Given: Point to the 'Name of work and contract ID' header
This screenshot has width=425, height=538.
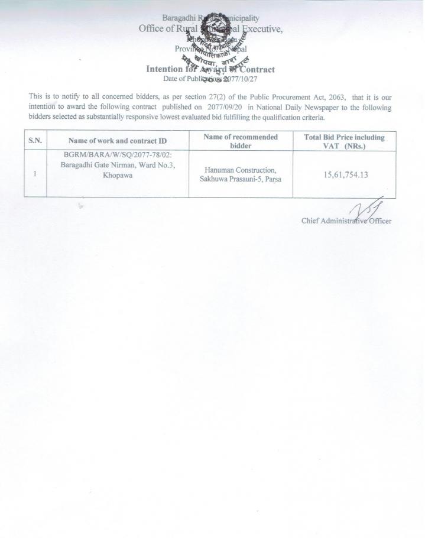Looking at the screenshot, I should (x=118, y=141).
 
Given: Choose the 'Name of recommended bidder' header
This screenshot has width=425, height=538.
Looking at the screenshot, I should (x=241, y=141).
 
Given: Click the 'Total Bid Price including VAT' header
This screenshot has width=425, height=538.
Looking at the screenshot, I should (x=344, y=141).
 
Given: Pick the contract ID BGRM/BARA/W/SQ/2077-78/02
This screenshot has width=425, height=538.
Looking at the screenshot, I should (x=117, y=155).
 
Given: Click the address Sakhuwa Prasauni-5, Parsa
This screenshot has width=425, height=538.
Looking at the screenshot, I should (x=240, y=179).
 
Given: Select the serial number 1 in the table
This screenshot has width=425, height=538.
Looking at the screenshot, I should (x=35, y=174).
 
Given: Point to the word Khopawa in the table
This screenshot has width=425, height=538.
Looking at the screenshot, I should (x=117, y=175).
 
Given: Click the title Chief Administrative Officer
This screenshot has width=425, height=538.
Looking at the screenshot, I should (x=346, y=221).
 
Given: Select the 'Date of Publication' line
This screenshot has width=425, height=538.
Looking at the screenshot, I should (x=210, y=78).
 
